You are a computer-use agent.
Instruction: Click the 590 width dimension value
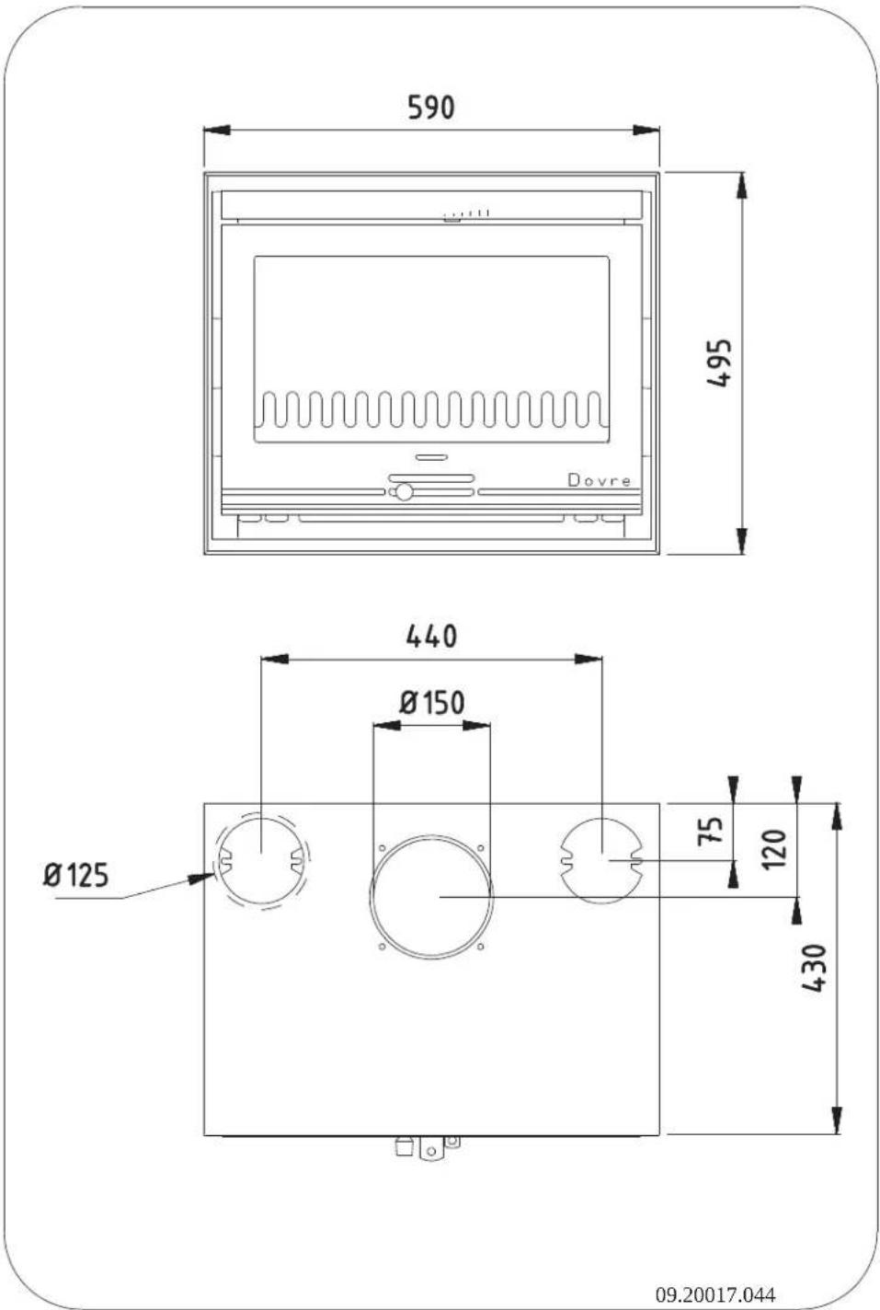coord(431,108)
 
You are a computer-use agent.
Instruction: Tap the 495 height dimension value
coord(719,362)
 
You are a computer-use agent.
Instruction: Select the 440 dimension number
coord(431,637)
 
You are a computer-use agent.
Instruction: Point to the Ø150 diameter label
coord(431,703)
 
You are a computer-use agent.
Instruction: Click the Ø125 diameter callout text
coord(76,876)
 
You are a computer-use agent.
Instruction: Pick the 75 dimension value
coord(711,831)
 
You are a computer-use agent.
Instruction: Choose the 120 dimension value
coord(775,849)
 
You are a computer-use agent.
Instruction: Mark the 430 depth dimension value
coord(815,968)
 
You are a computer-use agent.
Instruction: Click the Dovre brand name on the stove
coord(600,481)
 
